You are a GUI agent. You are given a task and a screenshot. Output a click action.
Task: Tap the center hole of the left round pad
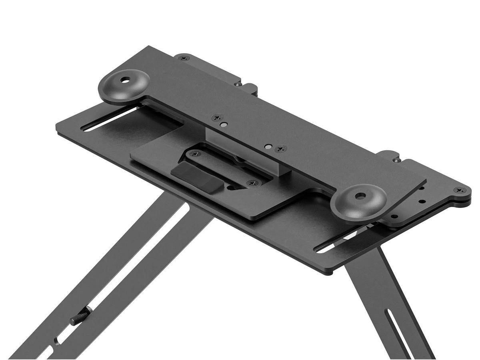(x=127, y=80)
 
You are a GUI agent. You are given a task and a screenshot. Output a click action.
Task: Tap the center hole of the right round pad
(x=360, y=196)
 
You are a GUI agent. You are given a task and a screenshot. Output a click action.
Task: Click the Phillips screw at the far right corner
(x=458, y=190)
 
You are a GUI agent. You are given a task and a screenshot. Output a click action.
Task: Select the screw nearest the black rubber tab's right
(x=252, y=183)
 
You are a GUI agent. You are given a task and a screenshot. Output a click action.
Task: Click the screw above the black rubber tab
(x=195, y=154)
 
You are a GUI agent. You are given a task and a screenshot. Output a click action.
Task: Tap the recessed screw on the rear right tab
(x=396, y=159)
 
